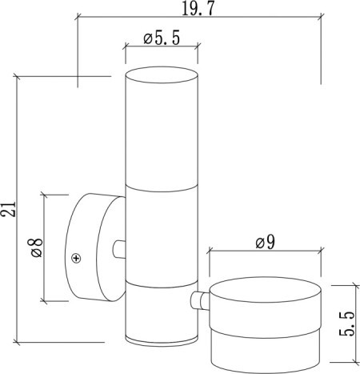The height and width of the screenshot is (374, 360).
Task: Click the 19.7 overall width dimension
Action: pos(198,10)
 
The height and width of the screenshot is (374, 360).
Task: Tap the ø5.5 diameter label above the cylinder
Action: pos(162,38)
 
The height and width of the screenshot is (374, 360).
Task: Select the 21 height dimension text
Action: pos(8,209)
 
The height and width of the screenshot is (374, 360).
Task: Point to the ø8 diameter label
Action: pos(37,247)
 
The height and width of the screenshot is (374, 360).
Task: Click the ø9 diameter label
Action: pos(265,243)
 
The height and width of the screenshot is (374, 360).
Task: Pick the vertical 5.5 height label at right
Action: pos(347,324)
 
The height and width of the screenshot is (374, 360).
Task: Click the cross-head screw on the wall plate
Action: pos(77,258)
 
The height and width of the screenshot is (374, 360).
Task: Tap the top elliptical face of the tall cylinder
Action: pos(162,74)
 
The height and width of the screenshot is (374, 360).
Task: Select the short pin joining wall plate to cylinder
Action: pos(119,249)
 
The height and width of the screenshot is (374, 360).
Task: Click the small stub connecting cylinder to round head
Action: pos(200,301)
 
